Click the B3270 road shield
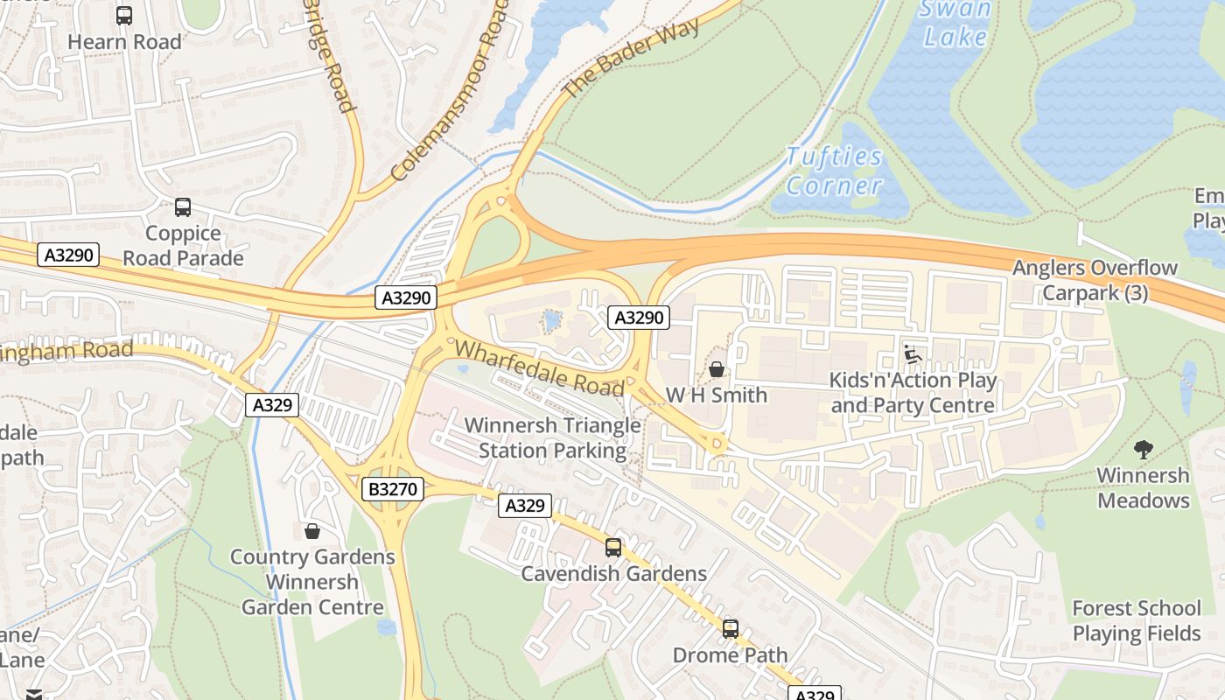(393, 489)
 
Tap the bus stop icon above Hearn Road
(124, 16)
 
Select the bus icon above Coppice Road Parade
(182, 207)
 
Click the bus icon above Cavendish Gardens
(613, 548)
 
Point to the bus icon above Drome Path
(730, 628)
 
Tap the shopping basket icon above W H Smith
(717, 369)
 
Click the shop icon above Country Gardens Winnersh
(311, 531)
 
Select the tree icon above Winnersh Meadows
(1143, 450)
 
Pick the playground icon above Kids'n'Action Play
(912, 354)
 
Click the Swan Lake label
(955, 23)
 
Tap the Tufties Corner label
(834, 171)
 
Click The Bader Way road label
(631, 58)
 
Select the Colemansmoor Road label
(450, 90)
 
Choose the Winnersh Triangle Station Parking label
(552, 438)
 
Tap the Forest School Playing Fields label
(1136, 620)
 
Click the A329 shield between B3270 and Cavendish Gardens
(525, 505)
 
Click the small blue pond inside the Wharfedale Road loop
(551, 321)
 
